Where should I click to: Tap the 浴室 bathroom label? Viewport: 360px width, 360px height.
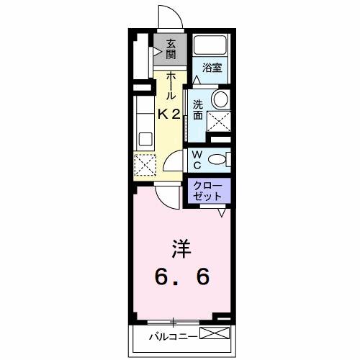click(x=211, y=68)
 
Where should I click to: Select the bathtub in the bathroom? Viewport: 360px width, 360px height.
click(x=210, y=46)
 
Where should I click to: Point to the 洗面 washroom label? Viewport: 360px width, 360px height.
click(x=198, y=108)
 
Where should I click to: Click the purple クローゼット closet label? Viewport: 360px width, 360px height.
click(x=210, y=191)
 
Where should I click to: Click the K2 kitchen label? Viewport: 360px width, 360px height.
click(x=169, y=113)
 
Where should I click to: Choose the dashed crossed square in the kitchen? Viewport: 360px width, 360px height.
click(x=144, y=165)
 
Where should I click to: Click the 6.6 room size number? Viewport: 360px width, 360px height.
click(x=181, y=276)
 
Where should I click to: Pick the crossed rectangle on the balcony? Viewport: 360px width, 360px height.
click(x=215, y=333)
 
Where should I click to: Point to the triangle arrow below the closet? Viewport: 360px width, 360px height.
click(x=222, y=213)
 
